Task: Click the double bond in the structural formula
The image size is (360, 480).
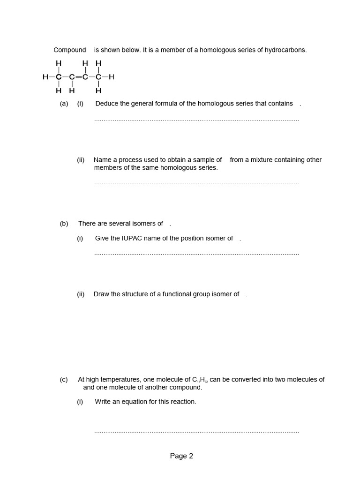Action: click(x=78, y=77)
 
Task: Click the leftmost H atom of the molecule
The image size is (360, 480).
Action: click(x=45, y=77)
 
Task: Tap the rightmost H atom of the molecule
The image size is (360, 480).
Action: click(x=112, y=77)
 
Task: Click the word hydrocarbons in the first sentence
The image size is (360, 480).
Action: click(x=285, y=50)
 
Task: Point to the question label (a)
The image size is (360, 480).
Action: click(x=64, y=104)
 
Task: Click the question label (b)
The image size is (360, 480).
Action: click(x=64, y=224)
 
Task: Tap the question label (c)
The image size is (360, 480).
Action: click(x=64, y=380)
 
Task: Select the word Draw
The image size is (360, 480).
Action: click(x=101, y=294)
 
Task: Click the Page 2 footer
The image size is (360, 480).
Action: click(x=181, y=456)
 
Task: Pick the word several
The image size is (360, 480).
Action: click(x=116, y=224)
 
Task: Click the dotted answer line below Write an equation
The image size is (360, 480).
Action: click(x=196, y=432)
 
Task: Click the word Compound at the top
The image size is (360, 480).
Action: click(x=70, y=50)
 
